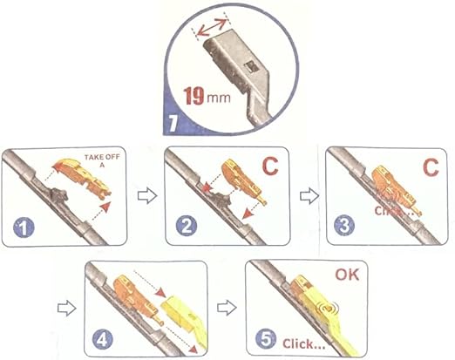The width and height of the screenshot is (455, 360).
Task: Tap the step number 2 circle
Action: pyautogui.click(x=187, y=226)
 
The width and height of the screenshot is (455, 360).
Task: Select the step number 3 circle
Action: pyautogui.click(x=344, y=225)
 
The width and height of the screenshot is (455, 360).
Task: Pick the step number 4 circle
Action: pyautogui.click(x=102, y=340)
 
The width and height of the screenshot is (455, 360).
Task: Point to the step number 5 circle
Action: pyautogui.click(x=266, y=339)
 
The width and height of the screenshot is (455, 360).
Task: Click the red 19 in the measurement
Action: pyautogui.click(x=194, y=96)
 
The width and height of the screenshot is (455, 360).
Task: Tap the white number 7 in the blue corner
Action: pyautogui.click(x=173, y=123)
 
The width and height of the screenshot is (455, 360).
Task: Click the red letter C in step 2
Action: pyautogui.click(x=270, y=166)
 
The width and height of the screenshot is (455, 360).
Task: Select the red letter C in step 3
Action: pyautogui.click(x=431, y=167)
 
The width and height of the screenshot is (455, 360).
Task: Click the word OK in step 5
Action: pyautogui.click(x=347, y=275)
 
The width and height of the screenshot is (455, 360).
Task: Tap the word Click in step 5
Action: pyautogui.click(x=295, y=344)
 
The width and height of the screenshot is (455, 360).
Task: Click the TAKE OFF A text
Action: pyautogui.click(x=102, y=161)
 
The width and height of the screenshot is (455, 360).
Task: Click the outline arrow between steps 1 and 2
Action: pyautogui.click(x=147, y=196)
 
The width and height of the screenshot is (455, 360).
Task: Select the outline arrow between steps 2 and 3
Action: pyautogui.click(x=309, y=196)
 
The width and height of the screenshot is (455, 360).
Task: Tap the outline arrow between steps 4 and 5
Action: pyautogui.click(x=227, y=308)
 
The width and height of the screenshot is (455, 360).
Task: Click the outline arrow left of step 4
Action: pyautogui.click(x=67, y=309)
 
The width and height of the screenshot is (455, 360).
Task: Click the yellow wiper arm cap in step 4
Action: pyautogui.click(x=182, y=315)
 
